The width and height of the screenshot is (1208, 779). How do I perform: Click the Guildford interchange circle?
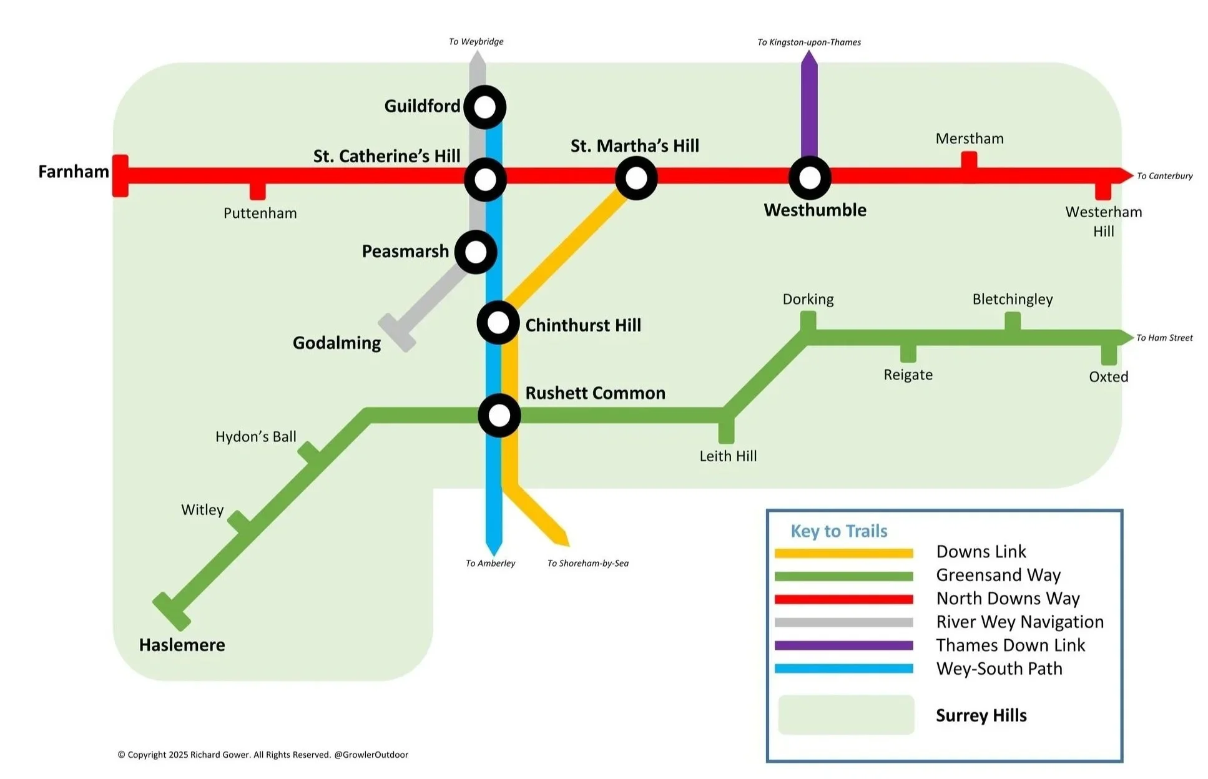pyautogui.click(x=484, y=107)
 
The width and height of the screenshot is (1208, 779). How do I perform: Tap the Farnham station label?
pyautogui.click(x=74, y=172)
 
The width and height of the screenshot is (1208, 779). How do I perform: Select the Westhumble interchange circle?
pyautogui.click(x=810, y=178)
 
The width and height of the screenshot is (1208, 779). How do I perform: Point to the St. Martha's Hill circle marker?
pyautogui.click(x=636, y=178)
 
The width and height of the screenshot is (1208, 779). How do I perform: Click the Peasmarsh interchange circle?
pyautogui.click(x=476, y=252)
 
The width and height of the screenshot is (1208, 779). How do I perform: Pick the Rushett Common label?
pyautogui.click(x=595, y=393)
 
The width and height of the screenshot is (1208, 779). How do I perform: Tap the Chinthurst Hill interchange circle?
pyautogui.click(x=498, y=323)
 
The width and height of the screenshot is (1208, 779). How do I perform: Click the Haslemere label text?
pyautogui.click(x=182, y=645)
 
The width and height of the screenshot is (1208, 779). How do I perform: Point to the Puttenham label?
pyautogui.click(x=260, y=213)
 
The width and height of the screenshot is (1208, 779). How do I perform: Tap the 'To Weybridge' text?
pyautogui.click(x=476, y=42)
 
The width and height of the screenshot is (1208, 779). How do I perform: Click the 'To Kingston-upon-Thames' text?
pyautogui.click(x=809, y=42)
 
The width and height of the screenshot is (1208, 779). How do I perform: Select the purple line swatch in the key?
pyautogui.click(x=843, y=645)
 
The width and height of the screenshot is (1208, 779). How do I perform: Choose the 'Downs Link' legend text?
pyautogui.click(x=981, y=552)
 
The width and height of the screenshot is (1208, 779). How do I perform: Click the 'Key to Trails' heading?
pyautogui.click(x=838, y=531)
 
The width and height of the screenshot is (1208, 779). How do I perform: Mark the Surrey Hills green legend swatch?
pyautogui.click(x=846, y=715)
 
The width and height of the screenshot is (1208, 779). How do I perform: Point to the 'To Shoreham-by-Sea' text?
pyautogui.click(x=587, y=563)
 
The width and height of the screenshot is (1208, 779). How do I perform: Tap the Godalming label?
pyautogui.click(x=336, y=343)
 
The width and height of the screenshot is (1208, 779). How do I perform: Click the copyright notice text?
pyautogui.click(x=263, y=755)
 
